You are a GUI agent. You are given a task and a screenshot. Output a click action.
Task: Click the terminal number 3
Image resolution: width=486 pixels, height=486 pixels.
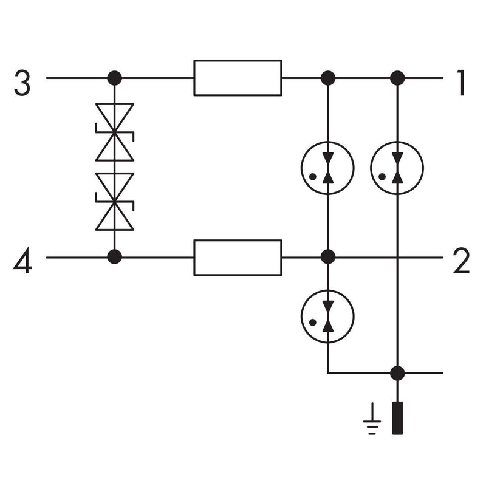pos(22,83)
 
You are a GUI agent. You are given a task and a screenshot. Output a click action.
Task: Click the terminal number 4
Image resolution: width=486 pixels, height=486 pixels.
pos(22,261)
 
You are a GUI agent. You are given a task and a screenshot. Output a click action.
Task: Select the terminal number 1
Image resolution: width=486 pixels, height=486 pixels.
pos(461,83)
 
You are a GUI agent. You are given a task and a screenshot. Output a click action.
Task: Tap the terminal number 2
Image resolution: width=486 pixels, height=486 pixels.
pos(461,261)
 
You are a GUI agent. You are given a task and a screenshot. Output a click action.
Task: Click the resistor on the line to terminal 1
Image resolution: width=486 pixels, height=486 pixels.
pos(238,78)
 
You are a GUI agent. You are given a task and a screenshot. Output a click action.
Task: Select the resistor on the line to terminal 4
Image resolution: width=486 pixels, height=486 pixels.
pos(238,258)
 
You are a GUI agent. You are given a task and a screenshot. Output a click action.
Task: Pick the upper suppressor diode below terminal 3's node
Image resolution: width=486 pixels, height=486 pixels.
pos(115,132)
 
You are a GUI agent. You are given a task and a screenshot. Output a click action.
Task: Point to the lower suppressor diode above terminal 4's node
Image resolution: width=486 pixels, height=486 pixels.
pos(115,202)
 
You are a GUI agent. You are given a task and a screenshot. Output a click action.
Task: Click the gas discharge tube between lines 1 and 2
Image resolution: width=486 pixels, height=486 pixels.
pos(327,168)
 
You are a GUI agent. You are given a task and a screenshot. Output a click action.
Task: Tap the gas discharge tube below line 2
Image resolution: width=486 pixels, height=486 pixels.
pos(327,317)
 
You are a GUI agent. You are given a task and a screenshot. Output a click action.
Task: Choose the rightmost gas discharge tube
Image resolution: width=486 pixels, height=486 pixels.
pos(397,168)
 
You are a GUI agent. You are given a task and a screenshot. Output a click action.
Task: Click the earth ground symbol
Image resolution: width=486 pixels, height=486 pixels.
pos(372,419)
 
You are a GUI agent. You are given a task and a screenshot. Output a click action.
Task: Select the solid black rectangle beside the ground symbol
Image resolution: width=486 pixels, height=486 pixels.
pos(397,418)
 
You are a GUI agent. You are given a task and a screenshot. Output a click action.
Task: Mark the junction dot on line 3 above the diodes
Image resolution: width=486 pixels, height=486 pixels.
pos(115,78)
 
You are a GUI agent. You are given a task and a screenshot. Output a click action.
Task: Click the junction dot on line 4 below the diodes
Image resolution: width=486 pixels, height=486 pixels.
pos(115,257)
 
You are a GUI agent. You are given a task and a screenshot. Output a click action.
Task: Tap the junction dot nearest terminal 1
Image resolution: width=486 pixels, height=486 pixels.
pos(397,78)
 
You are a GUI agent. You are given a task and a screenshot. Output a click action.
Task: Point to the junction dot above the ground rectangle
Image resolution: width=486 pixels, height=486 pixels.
pos(397,373)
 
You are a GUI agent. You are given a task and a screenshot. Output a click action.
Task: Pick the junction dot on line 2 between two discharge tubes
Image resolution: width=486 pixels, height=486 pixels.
pos(328,257)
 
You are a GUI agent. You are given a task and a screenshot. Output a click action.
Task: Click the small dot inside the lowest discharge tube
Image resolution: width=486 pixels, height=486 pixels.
pos(313,323)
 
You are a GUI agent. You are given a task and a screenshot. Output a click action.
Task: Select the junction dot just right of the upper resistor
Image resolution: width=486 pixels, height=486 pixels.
pos(328,78)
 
